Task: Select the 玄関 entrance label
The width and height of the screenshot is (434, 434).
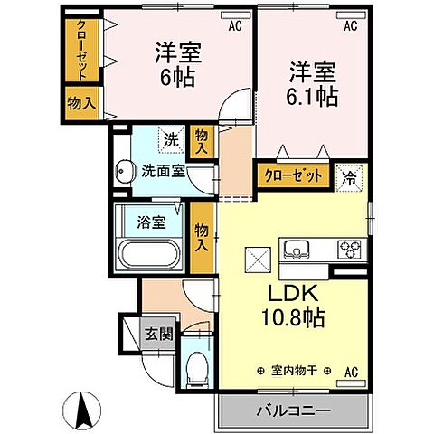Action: coord(158,334)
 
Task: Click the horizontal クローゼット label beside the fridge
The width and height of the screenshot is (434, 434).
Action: coord(293,176)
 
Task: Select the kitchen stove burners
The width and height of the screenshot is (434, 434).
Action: coord(349,249)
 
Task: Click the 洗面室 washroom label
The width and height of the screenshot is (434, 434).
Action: coord(161,171)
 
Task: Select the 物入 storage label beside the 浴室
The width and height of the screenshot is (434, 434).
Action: coord(203,238)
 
